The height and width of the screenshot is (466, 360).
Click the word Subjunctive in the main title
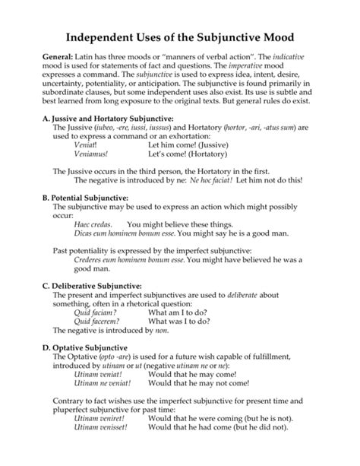[x=234, y=37]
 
